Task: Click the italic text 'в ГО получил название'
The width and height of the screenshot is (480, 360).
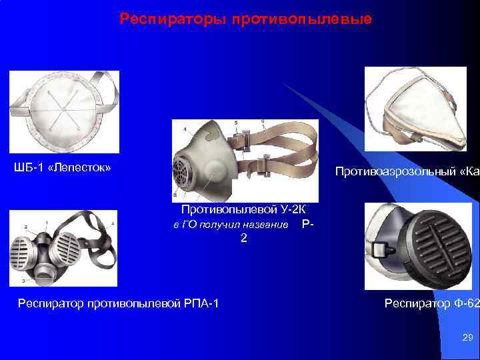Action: [231, 225]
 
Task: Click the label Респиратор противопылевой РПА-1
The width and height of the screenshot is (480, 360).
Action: [119, 304]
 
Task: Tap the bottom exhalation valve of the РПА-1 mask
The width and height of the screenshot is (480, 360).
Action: [44, 273]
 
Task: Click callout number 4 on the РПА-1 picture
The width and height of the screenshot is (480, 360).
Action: [113, 223]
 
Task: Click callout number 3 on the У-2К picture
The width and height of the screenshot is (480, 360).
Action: [175, 195]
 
